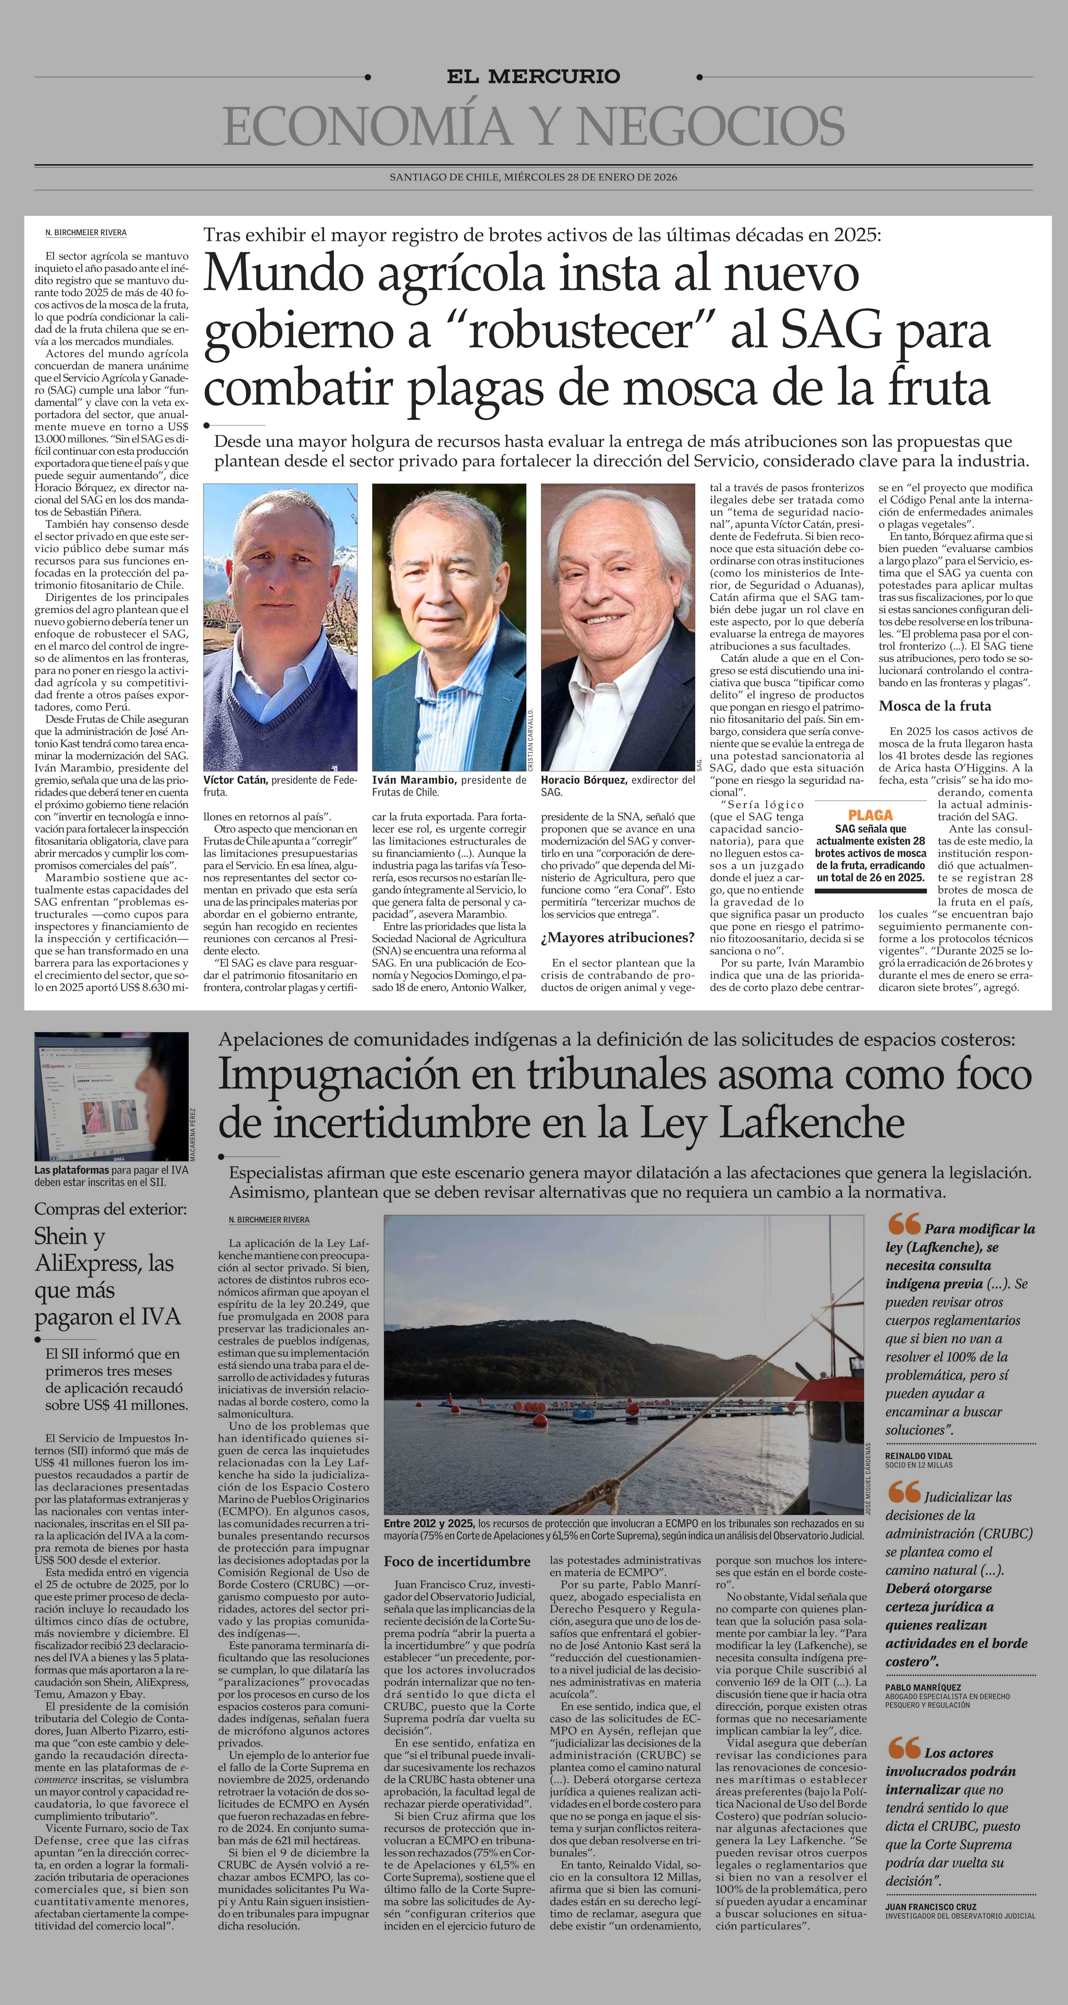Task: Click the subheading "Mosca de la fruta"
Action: coord(935,706)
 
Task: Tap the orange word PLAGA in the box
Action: coord(870,815)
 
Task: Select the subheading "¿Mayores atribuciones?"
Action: coord(618,937)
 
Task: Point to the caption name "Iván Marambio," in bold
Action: coord(414,779)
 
